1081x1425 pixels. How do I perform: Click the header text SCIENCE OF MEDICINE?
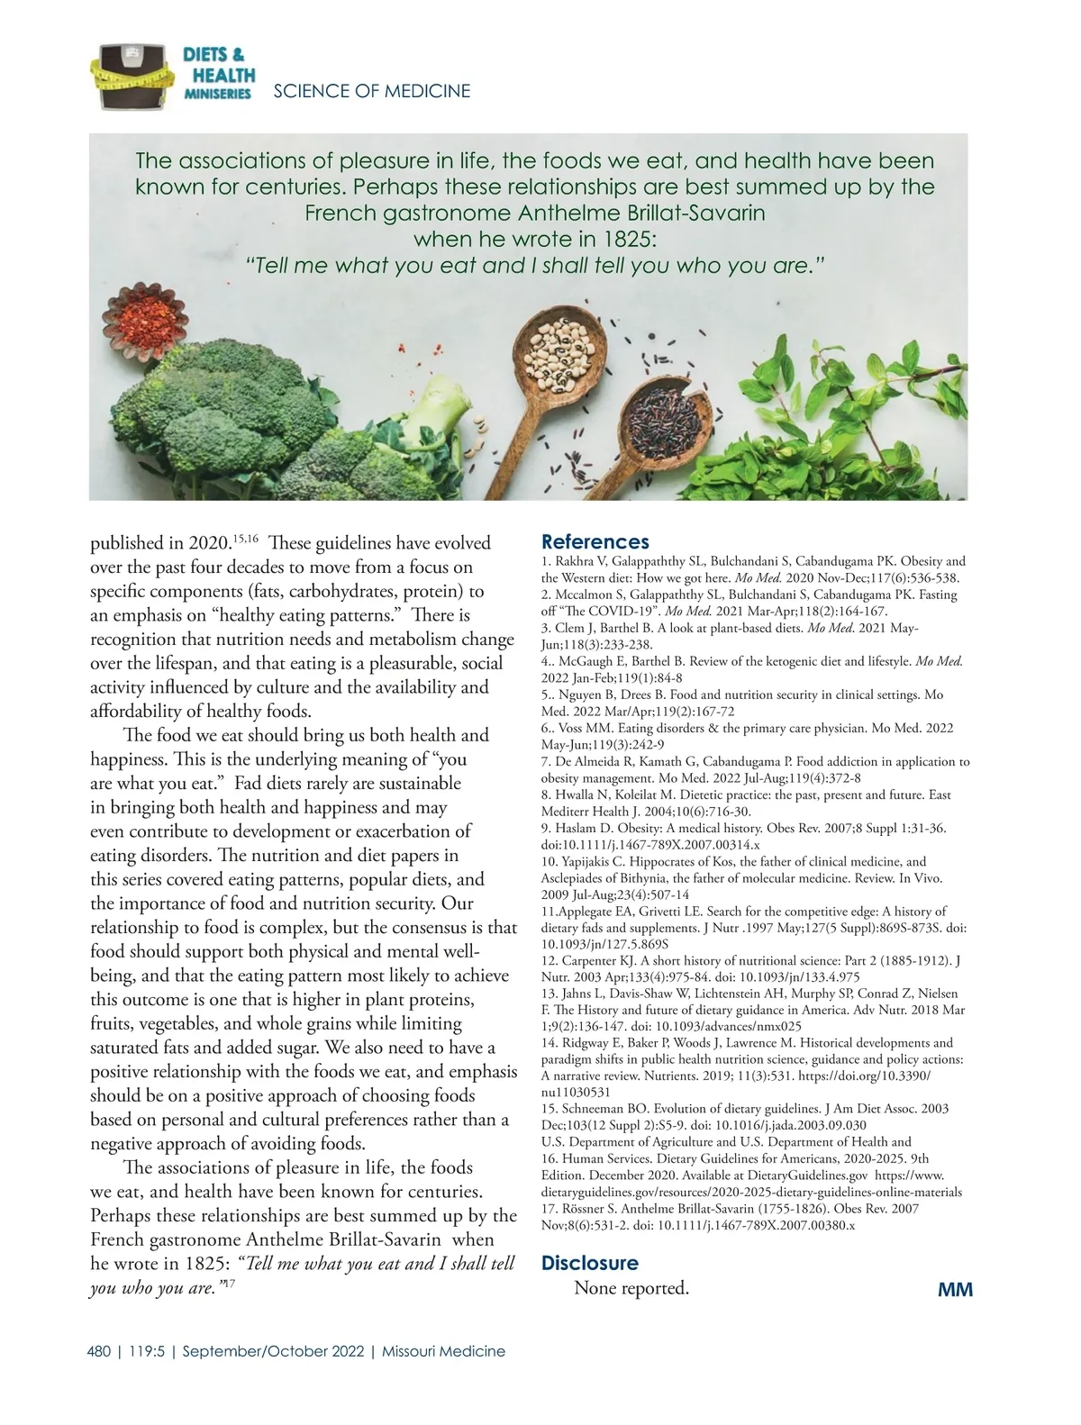(x=371, y=91)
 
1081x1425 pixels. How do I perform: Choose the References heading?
(x=595, y=542)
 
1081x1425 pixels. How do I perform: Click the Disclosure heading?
(x=589, y=1263)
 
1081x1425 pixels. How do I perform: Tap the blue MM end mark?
(x=955, y=1290)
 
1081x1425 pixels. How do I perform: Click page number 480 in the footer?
(x=99, y=1351)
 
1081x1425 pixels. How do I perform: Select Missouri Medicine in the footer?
(x=443, y=1351)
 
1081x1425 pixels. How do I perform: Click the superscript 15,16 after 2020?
(x=246, y=539)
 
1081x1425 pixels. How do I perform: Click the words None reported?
(x=631, y=1288)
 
